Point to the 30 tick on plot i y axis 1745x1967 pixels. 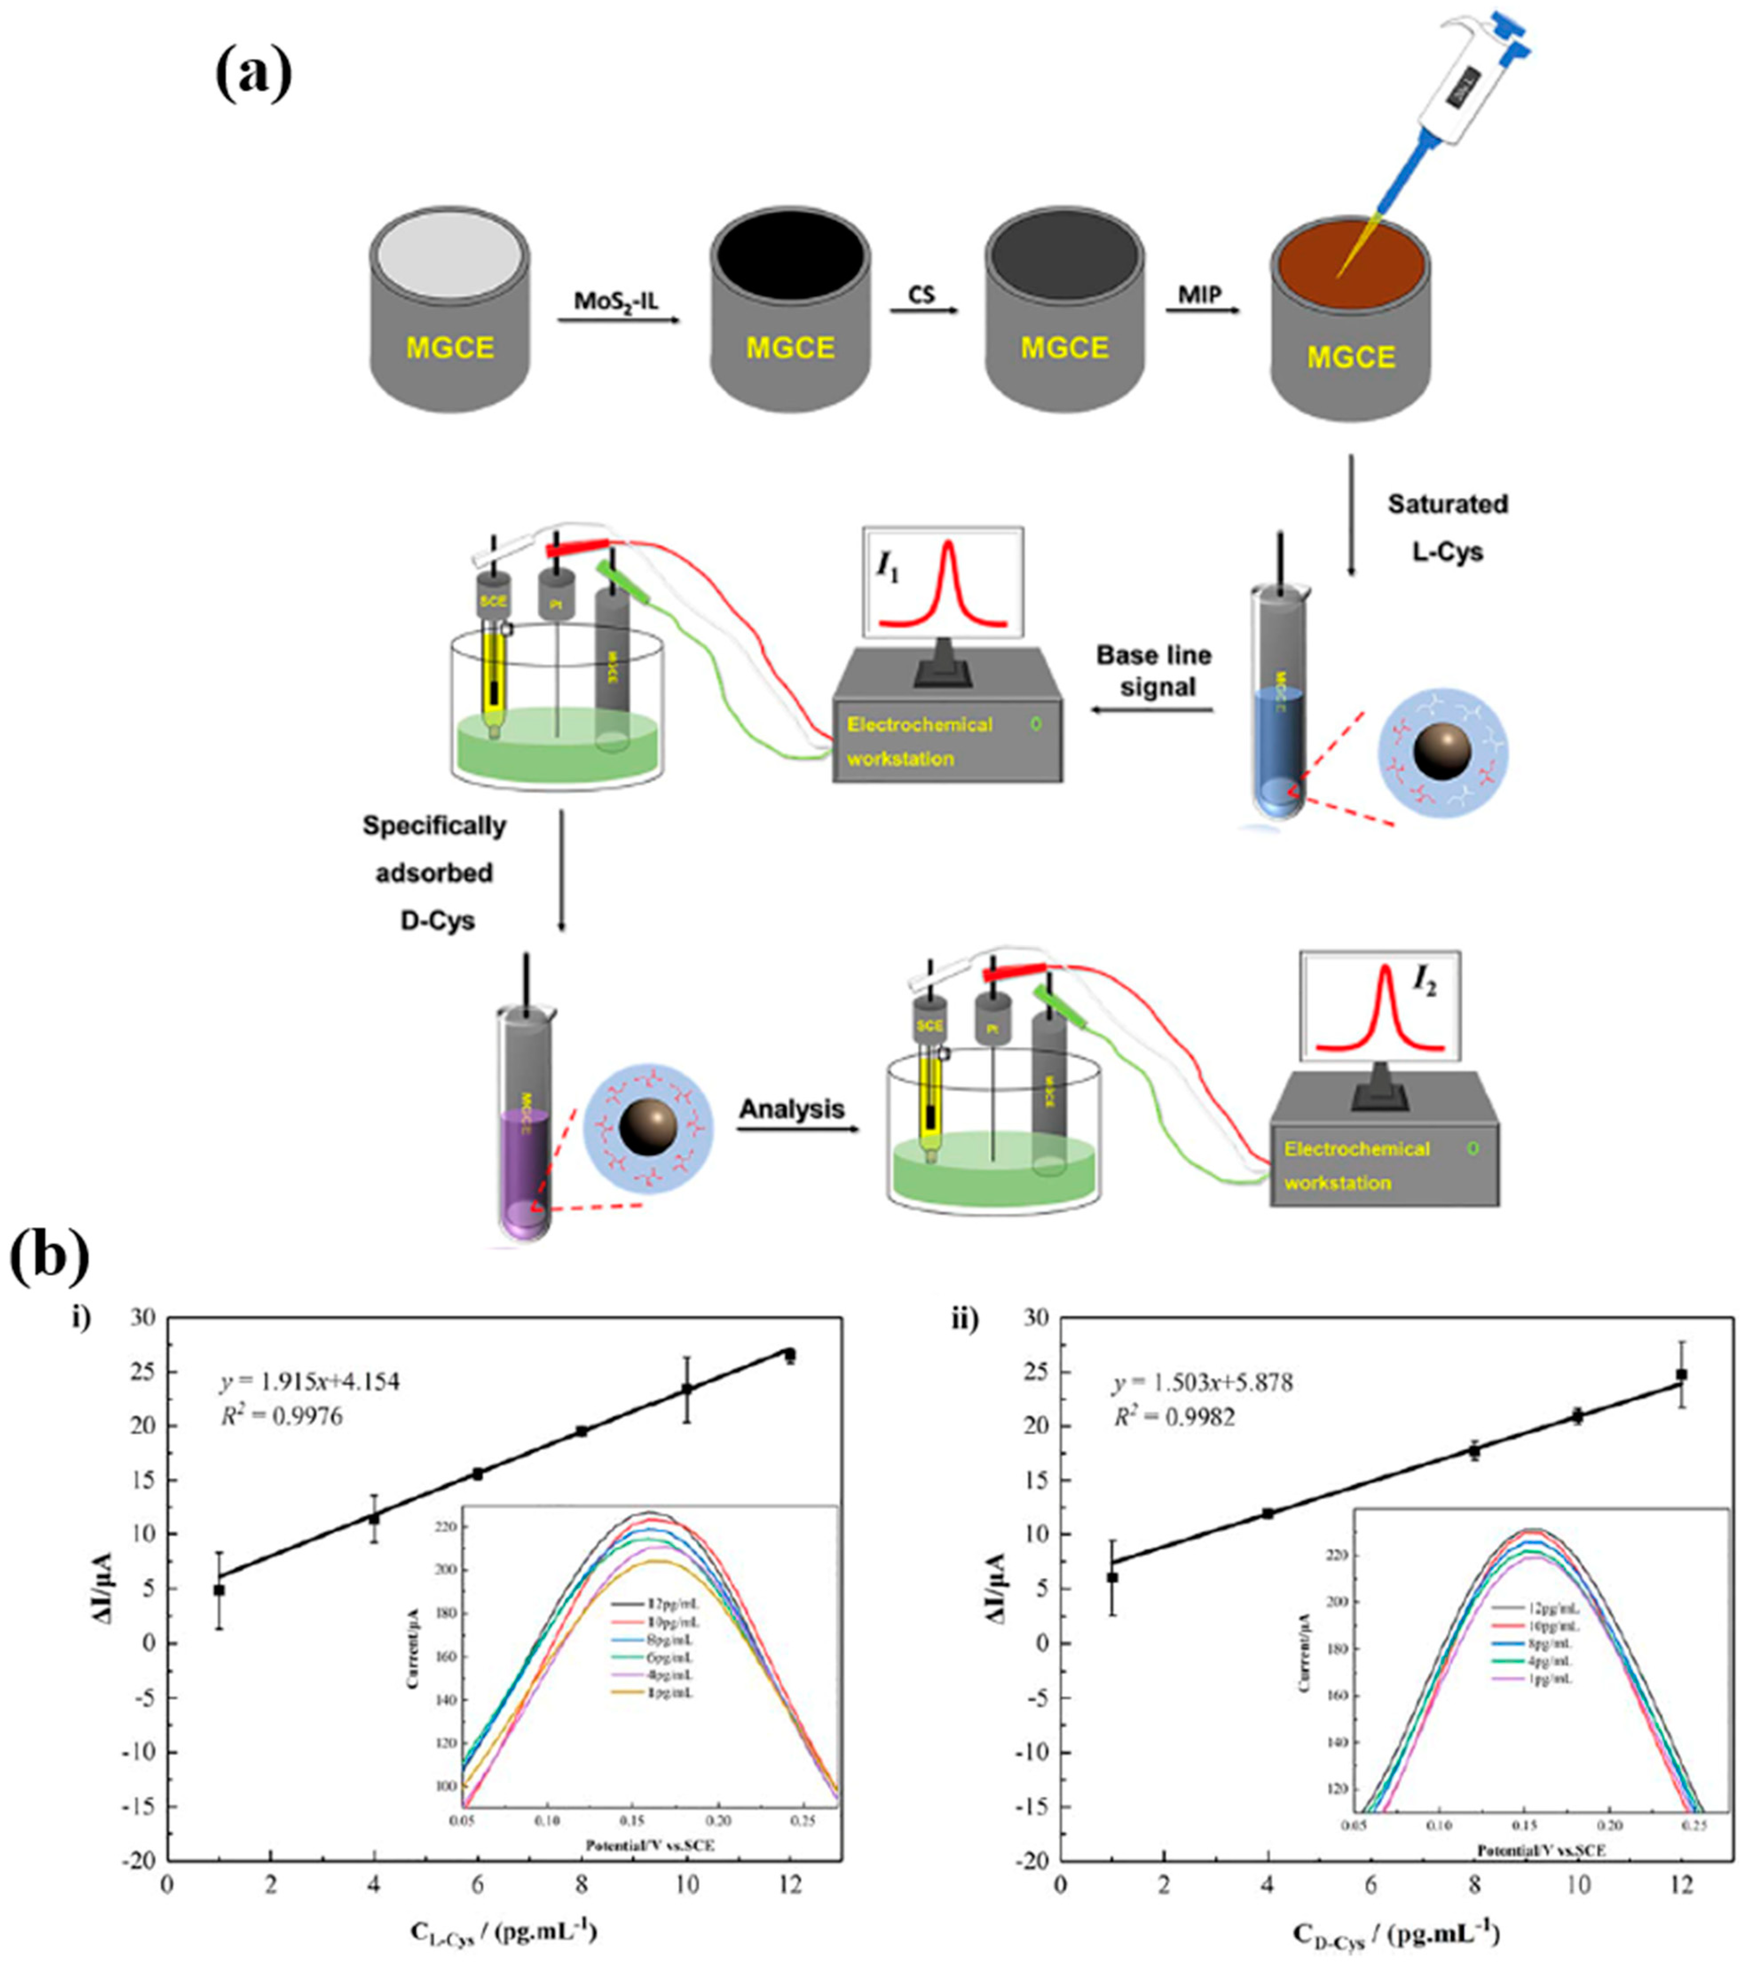[x=142, y=1317]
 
